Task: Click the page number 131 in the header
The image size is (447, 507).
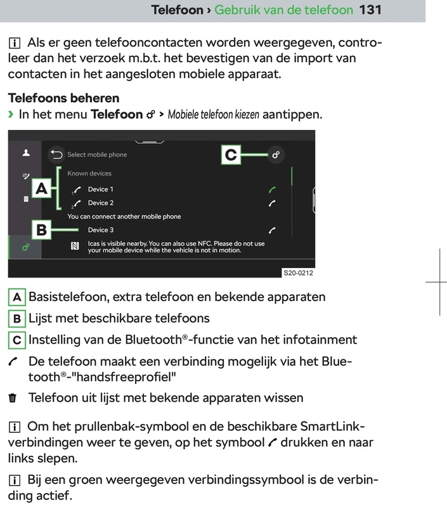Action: (370, 10)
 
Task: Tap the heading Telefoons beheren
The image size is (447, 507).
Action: (63, 98)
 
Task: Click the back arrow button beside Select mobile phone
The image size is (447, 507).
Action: (56, 154)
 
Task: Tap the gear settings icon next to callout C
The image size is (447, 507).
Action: (275, 154)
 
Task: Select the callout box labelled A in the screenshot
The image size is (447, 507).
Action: (41, 188)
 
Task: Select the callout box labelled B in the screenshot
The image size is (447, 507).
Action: (41, 230)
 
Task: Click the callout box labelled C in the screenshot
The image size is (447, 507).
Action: (231, 155)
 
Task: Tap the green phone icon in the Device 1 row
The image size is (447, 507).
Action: (272, 189)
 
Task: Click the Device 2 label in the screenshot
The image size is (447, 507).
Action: (101, 203)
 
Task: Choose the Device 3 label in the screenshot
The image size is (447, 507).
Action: (101, 230)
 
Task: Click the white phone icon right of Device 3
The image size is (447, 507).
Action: (272, 230)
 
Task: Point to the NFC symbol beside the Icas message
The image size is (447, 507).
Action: (75, 247)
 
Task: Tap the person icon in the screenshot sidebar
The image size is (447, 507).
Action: (26, 153)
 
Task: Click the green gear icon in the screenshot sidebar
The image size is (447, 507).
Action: (25, 247)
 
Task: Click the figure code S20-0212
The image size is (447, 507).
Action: (298, 273)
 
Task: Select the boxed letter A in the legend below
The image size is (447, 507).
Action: (17, 297)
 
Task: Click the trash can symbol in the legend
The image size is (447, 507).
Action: (13, 398)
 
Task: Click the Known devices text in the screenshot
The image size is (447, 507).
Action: (89, 173)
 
